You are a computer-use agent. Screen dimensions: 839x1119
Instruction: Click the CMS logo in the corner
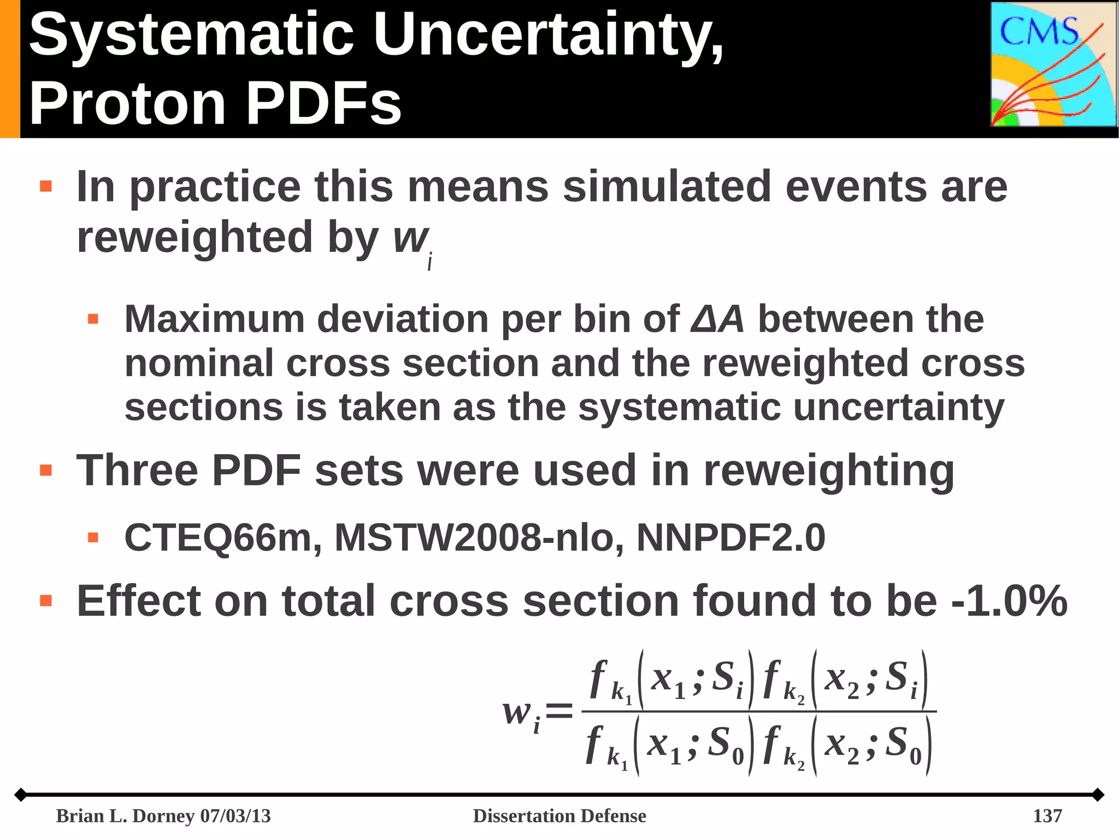tap(1053, 64)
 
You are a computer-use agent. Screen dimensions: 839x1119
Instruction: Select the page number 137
tap(1047, 815)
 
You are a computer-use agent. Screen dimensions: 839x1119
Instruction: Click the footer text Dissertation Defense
tap(559, 815)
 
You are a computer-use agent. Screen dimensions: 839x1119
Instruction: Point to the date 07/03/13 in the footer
tap(235, 815)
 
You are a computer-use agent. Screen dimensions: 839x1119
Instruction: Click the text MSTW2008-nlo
tap(479, 538)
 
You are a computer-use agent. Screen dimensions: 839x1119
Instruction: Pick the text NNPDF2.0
tap(731, 538)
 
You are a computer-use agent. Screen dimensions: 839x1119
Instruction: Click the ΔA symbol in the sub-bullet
tap(717, 319)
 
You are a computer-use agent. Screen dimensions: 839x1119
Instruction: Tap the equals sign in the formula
tap(559, 711)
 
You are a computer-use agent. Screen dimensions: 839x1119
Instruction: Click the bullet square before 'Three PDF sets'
tap(46, 470)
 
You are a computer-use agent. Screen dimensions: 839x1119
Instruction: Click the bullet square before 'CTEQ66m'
tap(93, 538)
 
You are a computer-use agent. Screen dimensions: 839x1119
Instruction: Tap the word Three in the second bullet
tap(137, 470)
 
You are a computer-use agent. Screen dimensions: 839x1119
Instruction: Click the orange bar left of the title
tap(9, 68)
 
